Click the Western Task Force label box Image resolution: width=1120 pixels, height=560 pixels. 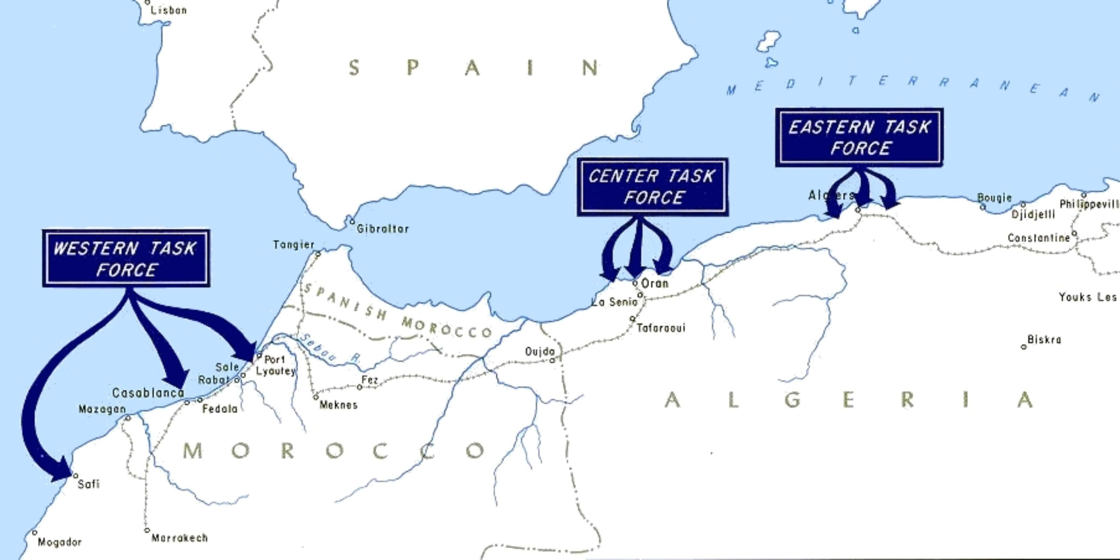(x=126, y=258)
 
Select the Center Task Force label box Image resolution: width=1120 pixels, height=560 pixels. (x=652, y=187)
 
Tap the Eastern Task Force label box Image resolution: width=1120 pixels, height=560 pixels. (x=859, y=137)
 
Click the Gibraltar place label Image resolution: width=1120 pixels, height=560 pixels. (x=383, y=229)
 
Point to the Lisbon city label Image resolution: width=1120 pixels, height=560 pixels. (x=169, y=10)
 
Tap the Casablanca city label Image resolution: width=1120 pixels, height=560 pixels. (x=148, y=393)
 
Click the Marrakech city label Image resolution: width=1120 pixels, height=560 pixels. (x=179, y=538)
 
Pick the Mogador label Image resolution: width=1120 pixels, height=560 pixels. (x=59, y=542)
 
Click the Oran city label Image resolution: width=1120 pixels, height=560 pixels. (x=654, y=283)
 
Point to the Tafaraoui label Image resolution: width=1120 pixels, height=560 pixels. (x=661, y=328)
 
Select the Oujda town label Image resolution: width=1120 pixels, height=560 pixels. (x=540, y=352)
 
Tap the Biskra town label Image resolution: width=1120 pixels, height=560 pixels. (x=1044, y=340)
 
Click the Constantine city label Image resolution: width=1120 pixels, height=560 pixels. (x=1039, y=238)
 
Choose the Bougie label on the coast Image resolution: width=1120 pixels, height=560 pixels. (x=995, y=198)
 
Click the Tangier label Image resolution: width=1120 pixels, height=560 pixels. (x=293, y=245)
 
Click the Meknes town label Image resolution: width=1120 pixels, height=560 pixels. (x=338, y=405)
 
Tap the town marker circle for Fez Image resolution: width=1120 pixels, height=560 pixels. (x=360, y=387)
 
